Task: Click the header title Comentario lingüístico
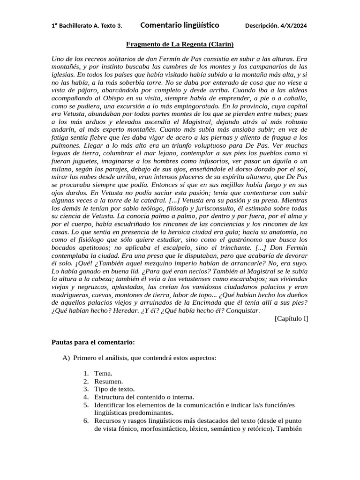click(180, 25)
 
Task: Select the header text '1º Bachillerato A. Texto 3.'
click(87, 26)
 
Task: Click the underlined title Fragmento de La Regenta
click(180, 44)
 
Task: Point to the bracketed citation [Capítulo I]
click(291, 319)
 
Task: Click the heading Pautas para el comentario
click(93, 342)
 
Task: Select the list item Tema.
click(103, 373)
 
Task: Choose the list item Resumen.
click(109, 381)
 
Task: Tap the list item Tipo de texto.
click(114, 389)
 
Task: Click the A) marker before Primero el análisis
click(66, 358)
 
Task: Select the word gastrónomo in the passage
click(243, 239)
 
